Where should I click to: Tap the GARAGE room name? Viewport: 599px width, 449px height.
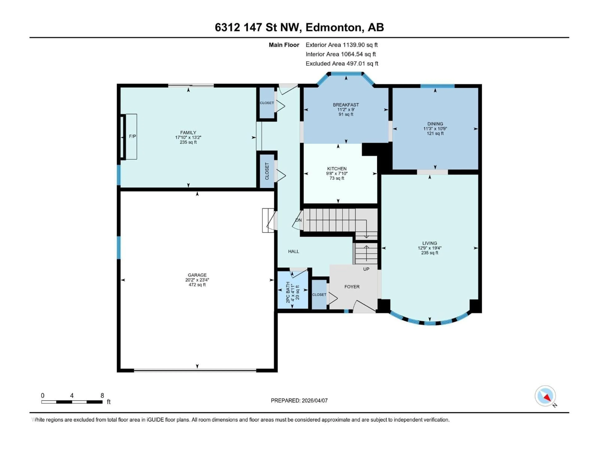coord(197,275)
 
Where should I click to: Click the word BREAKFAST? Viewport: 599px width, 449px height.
coord(346,105)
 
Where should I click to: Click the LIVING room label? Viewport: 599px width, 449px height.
coord(429,243)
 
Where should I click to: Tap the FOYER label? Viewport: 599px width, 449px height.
coord(352,287)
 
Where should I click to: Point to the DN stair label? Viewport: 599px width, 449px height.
coord(298,220)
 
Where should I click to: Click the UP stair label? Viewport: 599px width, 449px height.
coord(366,269)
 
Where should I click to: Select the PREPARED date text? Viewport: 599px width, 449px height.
coord(299,401)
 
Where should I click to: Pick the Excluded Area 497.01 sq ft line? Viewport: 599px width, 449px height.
coord(342,64)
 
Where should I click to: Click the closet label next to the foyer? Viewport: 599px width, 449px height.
coord(319,295)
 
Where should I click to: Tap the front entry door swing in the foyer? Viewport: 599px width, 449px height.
coord(364,306)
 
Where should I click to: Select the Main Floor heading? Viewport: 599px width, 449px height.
coord(284,45)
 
